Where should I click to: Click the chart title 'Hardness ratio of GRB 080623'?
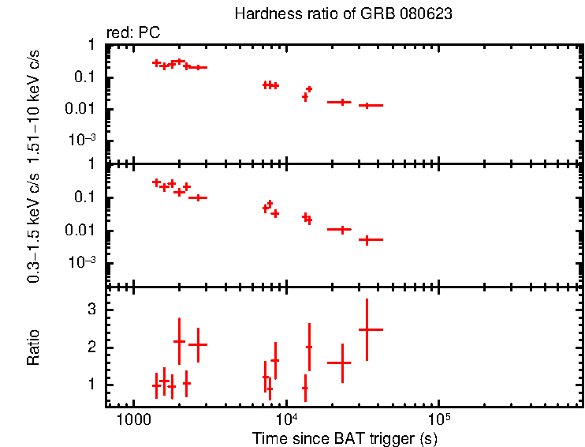(x=344, y=15)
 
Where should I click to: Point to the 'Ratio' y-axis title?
(x=34, y=347)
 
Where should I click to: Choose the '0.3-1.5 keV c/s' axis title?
(x=34, y=225)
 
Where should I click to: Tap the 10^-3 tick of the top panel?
(x=86, y=141)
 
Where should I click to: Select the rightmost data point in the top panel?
(x=367, y=105)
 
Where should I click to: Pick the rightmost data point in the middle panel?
(x=367, y=239)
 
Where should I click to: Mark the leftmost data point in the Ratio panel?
(x=156, y=385)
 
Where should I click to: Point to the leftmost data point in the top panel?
(x=156, y=62)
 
